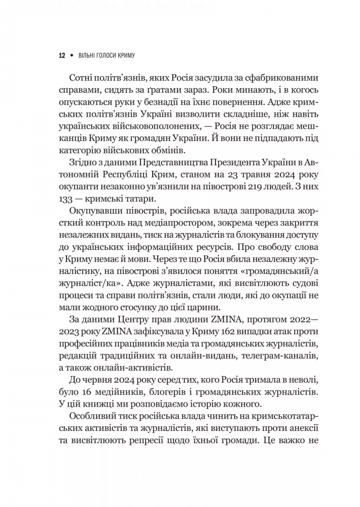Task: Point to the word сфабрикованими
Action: click(275, 77)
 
